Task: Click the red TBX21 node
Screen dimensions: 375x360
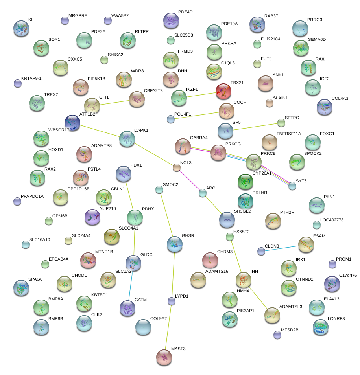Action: coord(223,91)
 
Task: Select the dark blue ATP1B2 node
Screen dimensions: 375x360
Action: coord(72,123)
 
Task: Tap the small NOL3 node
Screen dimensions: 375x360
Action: coord(177,168)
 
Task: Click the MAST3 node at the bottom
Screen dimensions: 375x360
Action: coord(164,357)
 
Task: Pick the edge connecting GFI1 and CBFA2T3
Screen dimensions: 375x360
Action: coord(114,102)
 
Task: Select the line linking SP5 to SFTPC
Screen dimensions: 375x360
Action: coord(253,127)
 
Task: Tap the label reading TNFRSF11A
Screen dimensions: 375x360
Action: coord(289,134)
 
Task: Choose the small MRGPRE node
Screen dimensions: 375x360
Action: coord(65,20)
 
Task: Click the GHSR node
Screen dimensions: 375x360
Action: coord(175,244)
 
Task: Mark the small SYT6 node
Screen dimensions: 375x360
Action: coord(292,186)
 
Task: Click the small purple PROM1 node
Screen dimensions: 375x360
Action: coord(332,264)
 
